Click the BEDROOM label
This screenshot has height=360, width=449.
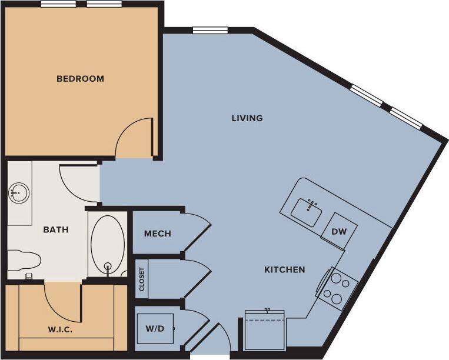[x=80, y=79]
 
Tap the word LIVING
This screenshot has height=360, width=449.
[x=247, y=118]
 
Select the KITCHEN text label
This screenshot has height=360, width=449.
[x=284, y=270]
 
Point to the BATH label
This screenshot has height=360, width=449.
[x=56, y=230]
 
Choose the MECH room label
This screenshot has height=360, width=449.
[x=158, y=234]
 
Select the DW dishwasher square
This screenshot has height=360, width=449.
[x=338, y=231]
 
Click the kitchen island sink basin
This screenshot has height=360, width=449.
[x=308, y=211]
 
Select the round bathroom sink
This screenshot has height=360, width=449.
[x=19, y=192]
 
